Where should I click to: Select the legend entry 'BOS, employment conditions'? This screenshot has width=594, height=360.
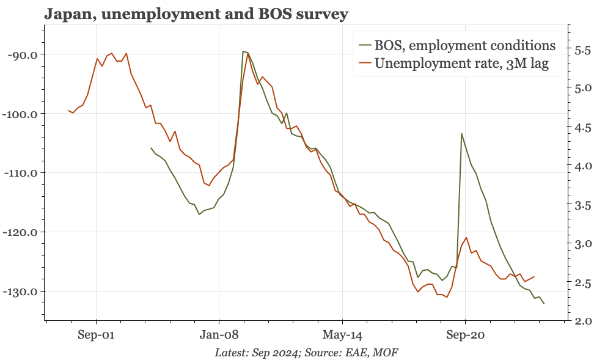[x=465, y=45]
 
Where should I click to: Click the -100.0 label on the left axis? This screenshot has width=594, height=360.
[x=21, y=114]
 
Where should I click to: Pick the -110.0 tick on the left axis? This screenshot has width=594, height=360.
[x=21, y=173]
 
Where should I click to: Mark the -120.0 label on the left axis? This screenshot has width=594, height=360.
[x=21, y=232]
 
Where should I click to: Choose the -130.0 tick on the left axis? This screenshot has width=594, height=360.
[x=21, y=292]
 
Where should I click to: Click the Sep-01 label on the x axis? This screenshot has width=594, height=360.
[x=96, y=336]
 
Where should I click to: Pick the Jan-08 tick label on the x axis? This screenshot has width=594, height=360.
[x=219, y=336]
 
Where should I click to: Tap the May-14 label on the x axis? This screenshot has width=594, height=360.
[x=342, y=336]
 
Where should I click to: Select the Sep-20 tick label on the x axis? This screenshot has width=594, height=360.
[x=465, y=336]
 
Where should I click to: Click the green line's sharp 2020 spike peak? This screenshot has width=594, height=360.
[x=461, y=133]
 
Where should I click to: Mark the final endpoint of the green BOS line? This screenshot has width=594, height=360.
[x=544, y=304]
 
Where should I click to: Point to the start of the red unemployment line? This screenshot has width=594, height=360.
[x=68, y=111]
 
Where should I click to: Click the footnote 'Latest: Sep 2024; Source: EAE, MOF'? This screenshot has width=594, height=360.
[x=307, y=353]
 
